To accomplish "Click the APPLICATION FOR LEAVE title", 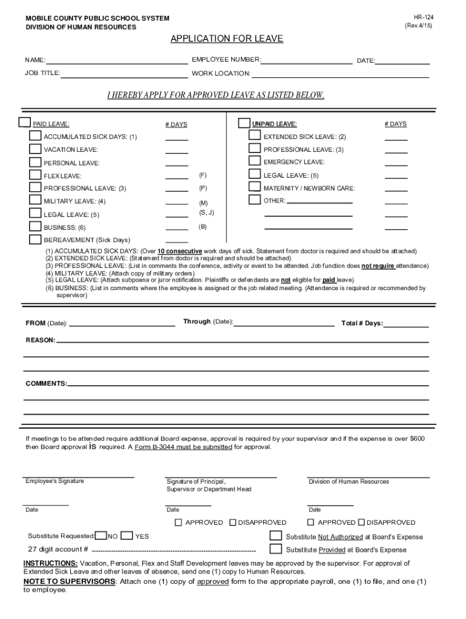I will pyautogui.click(x=226, y=39).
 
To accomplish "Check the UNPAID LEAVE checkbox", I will pyautogui.click(x=244, y=123).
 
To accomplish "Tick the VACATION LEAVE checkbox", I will pyautogui.click(x=36, y=149).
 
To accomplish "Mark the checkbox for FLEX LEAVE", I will pyautogui.click(x=36, y=175).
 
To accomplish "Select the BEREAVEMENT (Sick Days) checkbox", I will pyautogui.click(x=36, y=239).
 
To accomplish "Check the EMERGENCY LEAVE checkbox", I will pyautogui.click(x=255, y=161).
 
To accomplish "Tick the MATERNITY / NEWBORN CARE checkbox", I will pyautogui.click(x=255, y=187).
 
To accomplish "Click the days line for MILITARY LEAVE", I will pyautogui.click(x=177, y=203).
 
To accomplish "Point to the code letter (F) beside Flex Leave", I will pyautogui.click(x=203, y=175).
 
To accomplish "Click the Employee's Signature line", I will pyautogui.click(x=79, y=477).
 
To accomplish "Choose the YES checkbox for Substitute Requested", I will pyautogui.click(x=126, y=536).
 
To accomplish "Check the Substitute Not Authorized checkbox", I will pyautogui.click(x=275, y=536).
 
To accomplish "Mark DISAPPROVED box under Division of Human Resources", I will pyautogui.click(x=361, y=522).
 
